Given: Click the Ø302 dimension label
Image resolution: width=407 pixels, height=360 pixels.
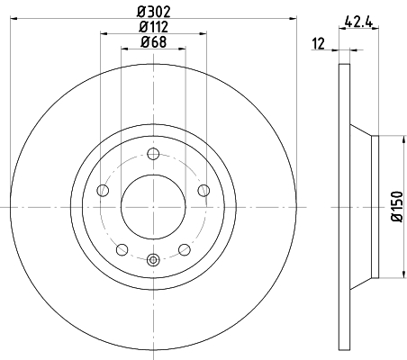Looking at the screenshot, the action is (x=154, y=12).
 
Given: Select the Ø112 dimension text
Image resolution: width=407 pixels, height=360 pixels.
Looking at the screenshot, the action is (x=153, y=27).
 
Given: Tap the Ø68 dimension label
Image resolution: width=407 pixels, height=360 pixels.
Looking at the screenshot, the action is (x=153, y=42).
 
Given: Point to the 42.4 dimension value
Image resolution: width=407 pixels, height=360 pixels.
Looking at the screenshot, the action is (x=358, y=22).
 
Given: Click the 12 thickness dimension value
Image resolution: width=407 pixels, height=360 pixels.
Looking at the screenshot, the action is (x=318, y=44).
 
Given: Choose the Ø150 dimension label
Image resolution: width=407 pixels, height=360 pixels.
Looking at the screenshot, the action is (x=397, y=207).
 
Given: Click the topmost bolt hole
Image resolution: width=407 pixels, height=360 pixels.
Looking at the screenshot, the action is (x=153, y=154).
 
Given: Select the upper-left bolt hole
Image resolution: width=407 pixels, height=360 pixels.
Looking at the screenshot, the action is (x=103, y=191).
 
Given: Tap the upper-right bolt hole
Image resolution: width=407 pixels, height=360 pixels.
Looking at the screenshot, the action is (x=203, y=191).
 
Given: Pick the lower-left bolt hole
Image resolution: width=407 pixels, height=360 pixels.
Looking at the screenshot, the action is (x=122, y=249).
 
